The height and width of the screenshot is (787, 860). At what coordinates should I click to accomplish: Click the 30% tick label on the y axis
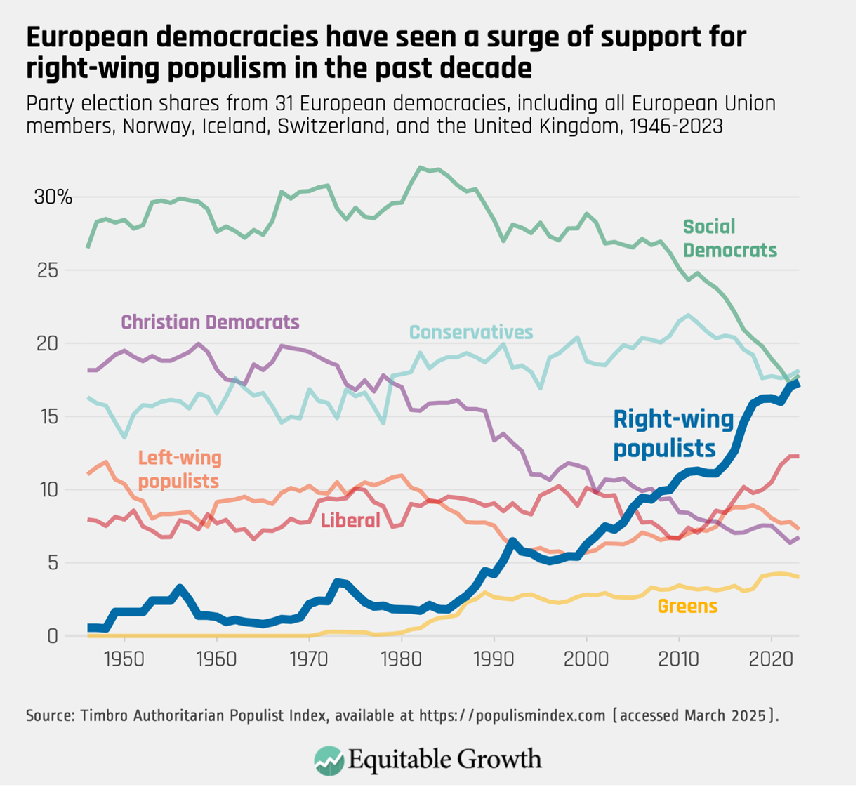tap(53, 197)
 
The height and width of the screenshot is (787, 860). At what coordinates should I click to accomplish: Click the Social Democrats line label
tap(729, 238)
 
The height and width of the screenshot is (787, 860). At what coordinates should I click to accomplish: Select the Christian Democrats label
tap(210, 322)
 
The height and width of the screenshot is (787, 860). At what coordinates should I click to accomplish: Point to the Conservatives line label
tap(471, 332)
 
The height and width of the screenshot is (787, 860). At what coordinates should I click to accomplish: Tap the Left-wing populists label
tap(179, 470)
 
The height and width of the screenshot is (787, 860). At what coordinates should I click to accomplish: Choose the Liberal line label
tap(350, 520)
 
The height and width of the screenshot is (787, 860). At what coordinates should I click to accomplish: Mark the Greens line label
tap(687, 606)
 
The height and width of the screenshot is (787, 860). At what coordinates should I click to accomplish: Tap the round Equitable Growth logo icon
tap(329, 760)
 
